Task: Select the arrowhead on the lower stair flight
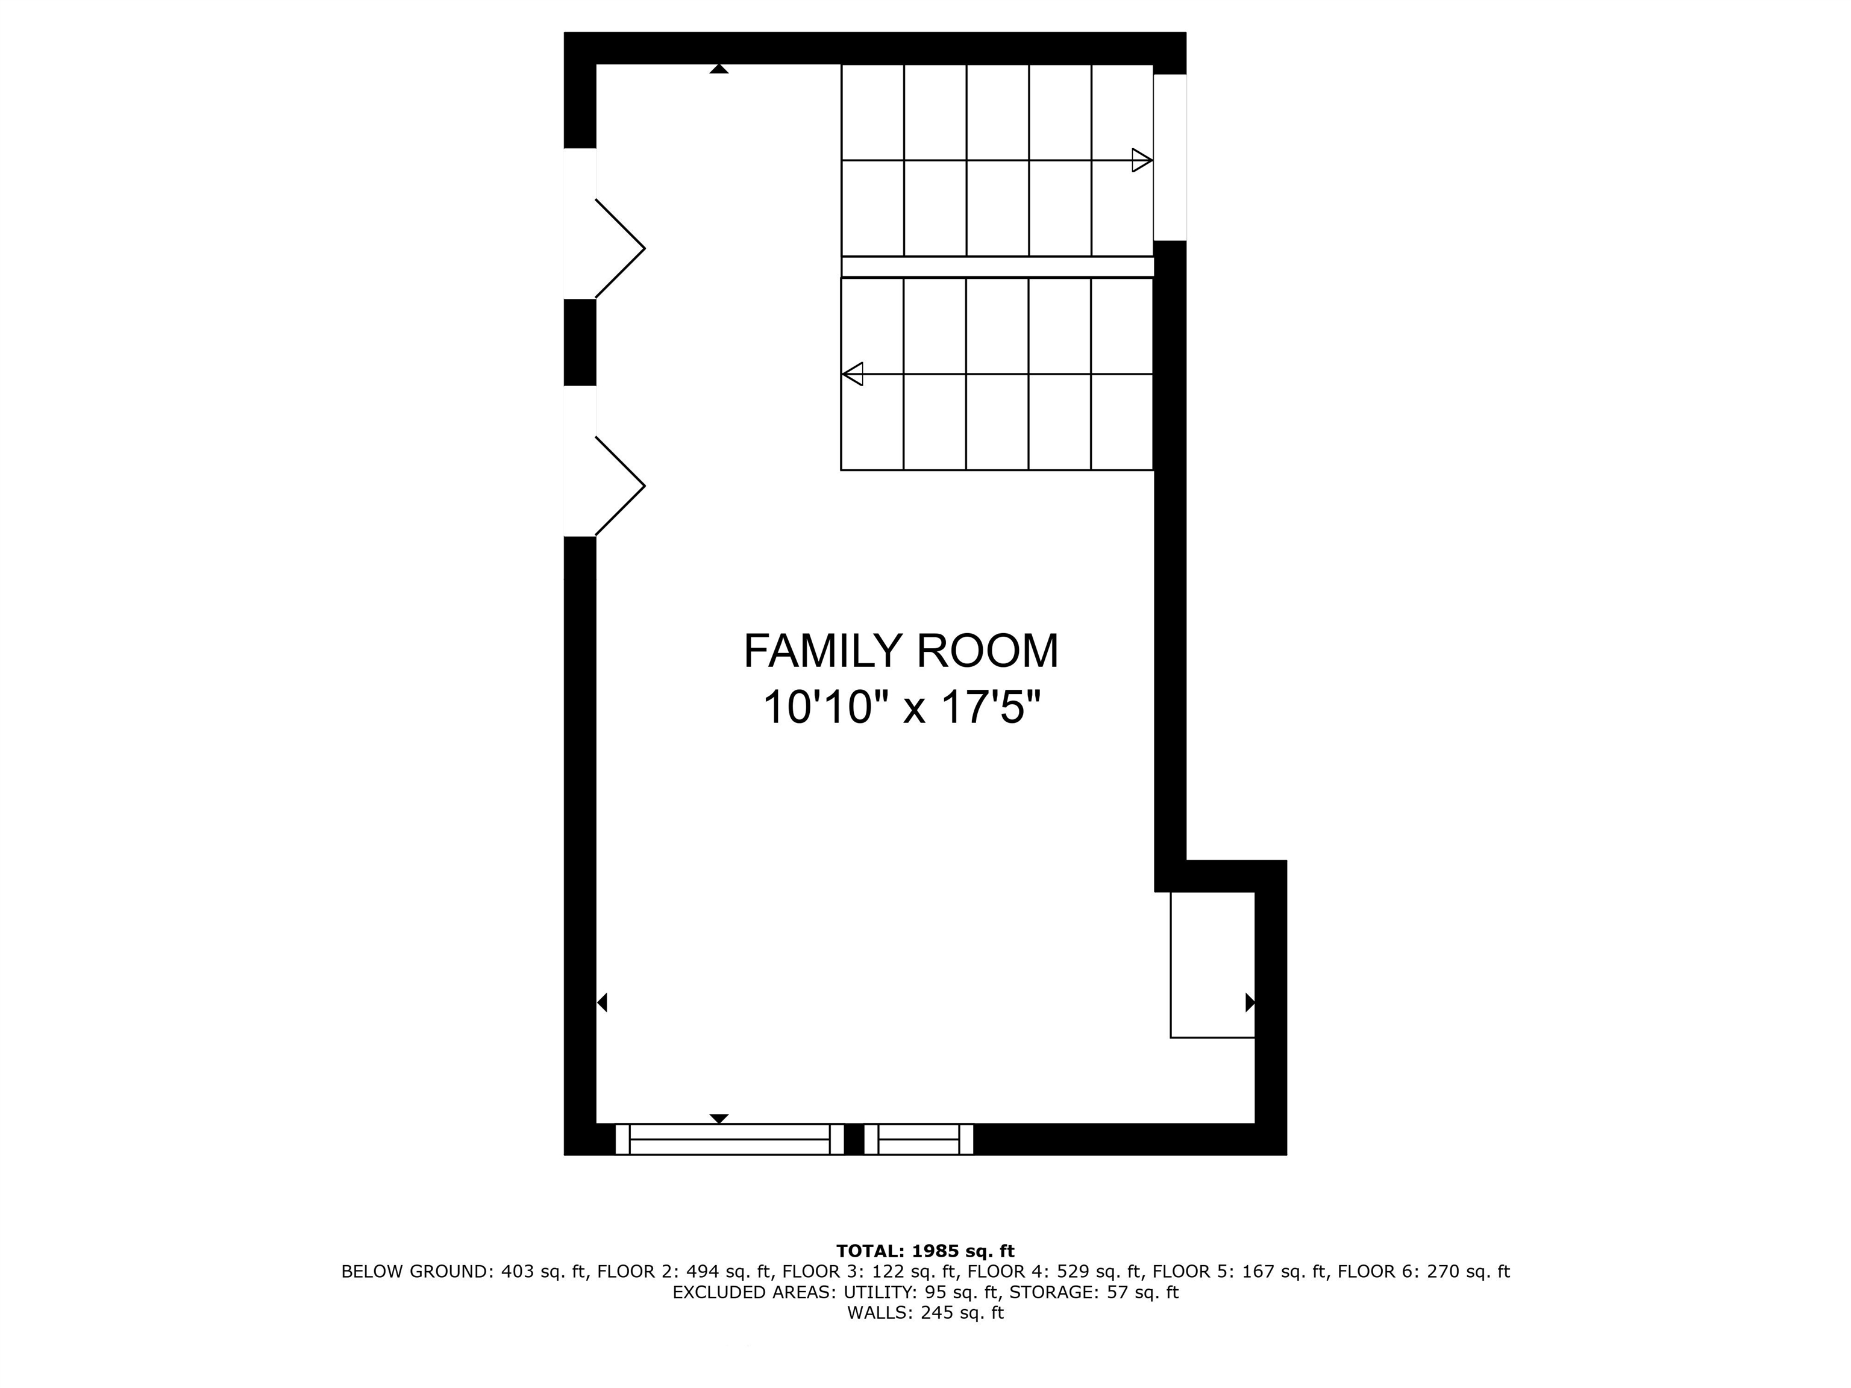(853, 374)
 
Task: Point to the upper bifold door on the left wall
(620, 248)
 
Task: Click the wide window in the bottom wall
(729, 1140)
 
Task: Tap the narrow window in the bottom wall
(918, 1140)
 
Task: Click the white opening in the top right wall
(1170, 157)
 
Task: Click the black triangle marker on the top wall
(719, 69)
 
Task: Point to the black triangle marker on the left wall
(602, 1002)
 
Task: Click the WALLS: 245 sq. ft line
(925, 1313)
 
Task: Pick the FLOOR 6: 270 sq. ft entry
(1423, 1272)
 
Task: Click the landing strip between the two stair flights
(997, 267)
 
